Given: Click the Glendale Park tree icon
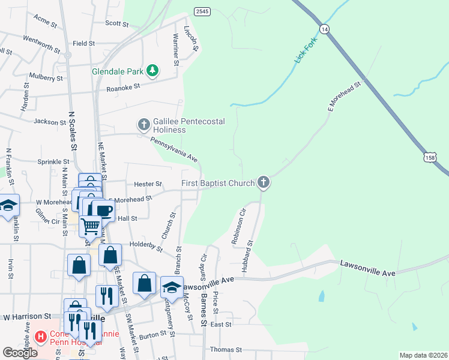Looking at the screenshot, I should click(x=153, y=71).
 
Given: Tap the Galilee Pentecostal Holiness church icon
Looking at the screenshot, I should click(x=143, y=125).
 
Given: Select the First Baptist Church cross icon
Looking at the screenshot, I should click(x=263, y=182).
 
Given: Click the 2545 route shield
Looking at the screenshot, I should click(x=202, y=11).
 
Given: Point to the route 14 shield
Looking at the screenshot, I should click(x=325, y=29).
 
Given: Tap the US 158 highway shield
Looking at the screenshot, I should click(x=430, y=157).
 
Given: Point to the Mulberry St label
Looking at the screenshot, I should click(x=46, y=77).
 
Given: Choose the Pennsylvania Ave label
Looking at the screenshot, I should click(x=174, y=150).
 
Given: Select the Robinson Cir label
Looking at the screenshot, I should click(x=239, y=227).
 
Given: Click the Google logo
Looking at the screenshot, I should click(x=20, y=353).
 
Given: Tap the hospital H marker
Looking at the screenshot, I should click(x=41, y=337).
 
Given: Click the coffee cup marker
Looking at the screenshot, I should click(x=103, y=211).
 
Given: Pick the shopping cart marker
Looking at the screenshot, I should click(x=91, y=227).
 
